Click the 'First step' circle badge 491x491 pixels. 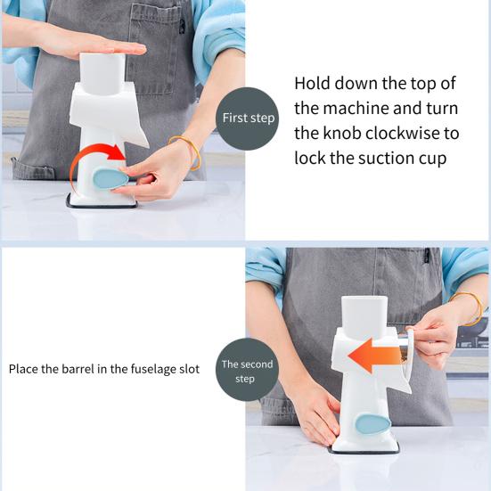point(248,119)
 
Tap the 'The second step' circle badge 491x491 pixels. point(247,370)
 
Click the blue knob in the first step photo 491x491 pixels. point(110,178)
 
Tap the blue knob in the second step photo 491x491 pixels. point(372,423)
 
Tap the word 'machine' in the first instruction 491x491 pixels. point(356,109)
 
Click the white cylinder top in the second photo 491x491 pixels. point(364,316)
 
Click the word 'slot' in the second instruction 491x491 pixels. point(189,369)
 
